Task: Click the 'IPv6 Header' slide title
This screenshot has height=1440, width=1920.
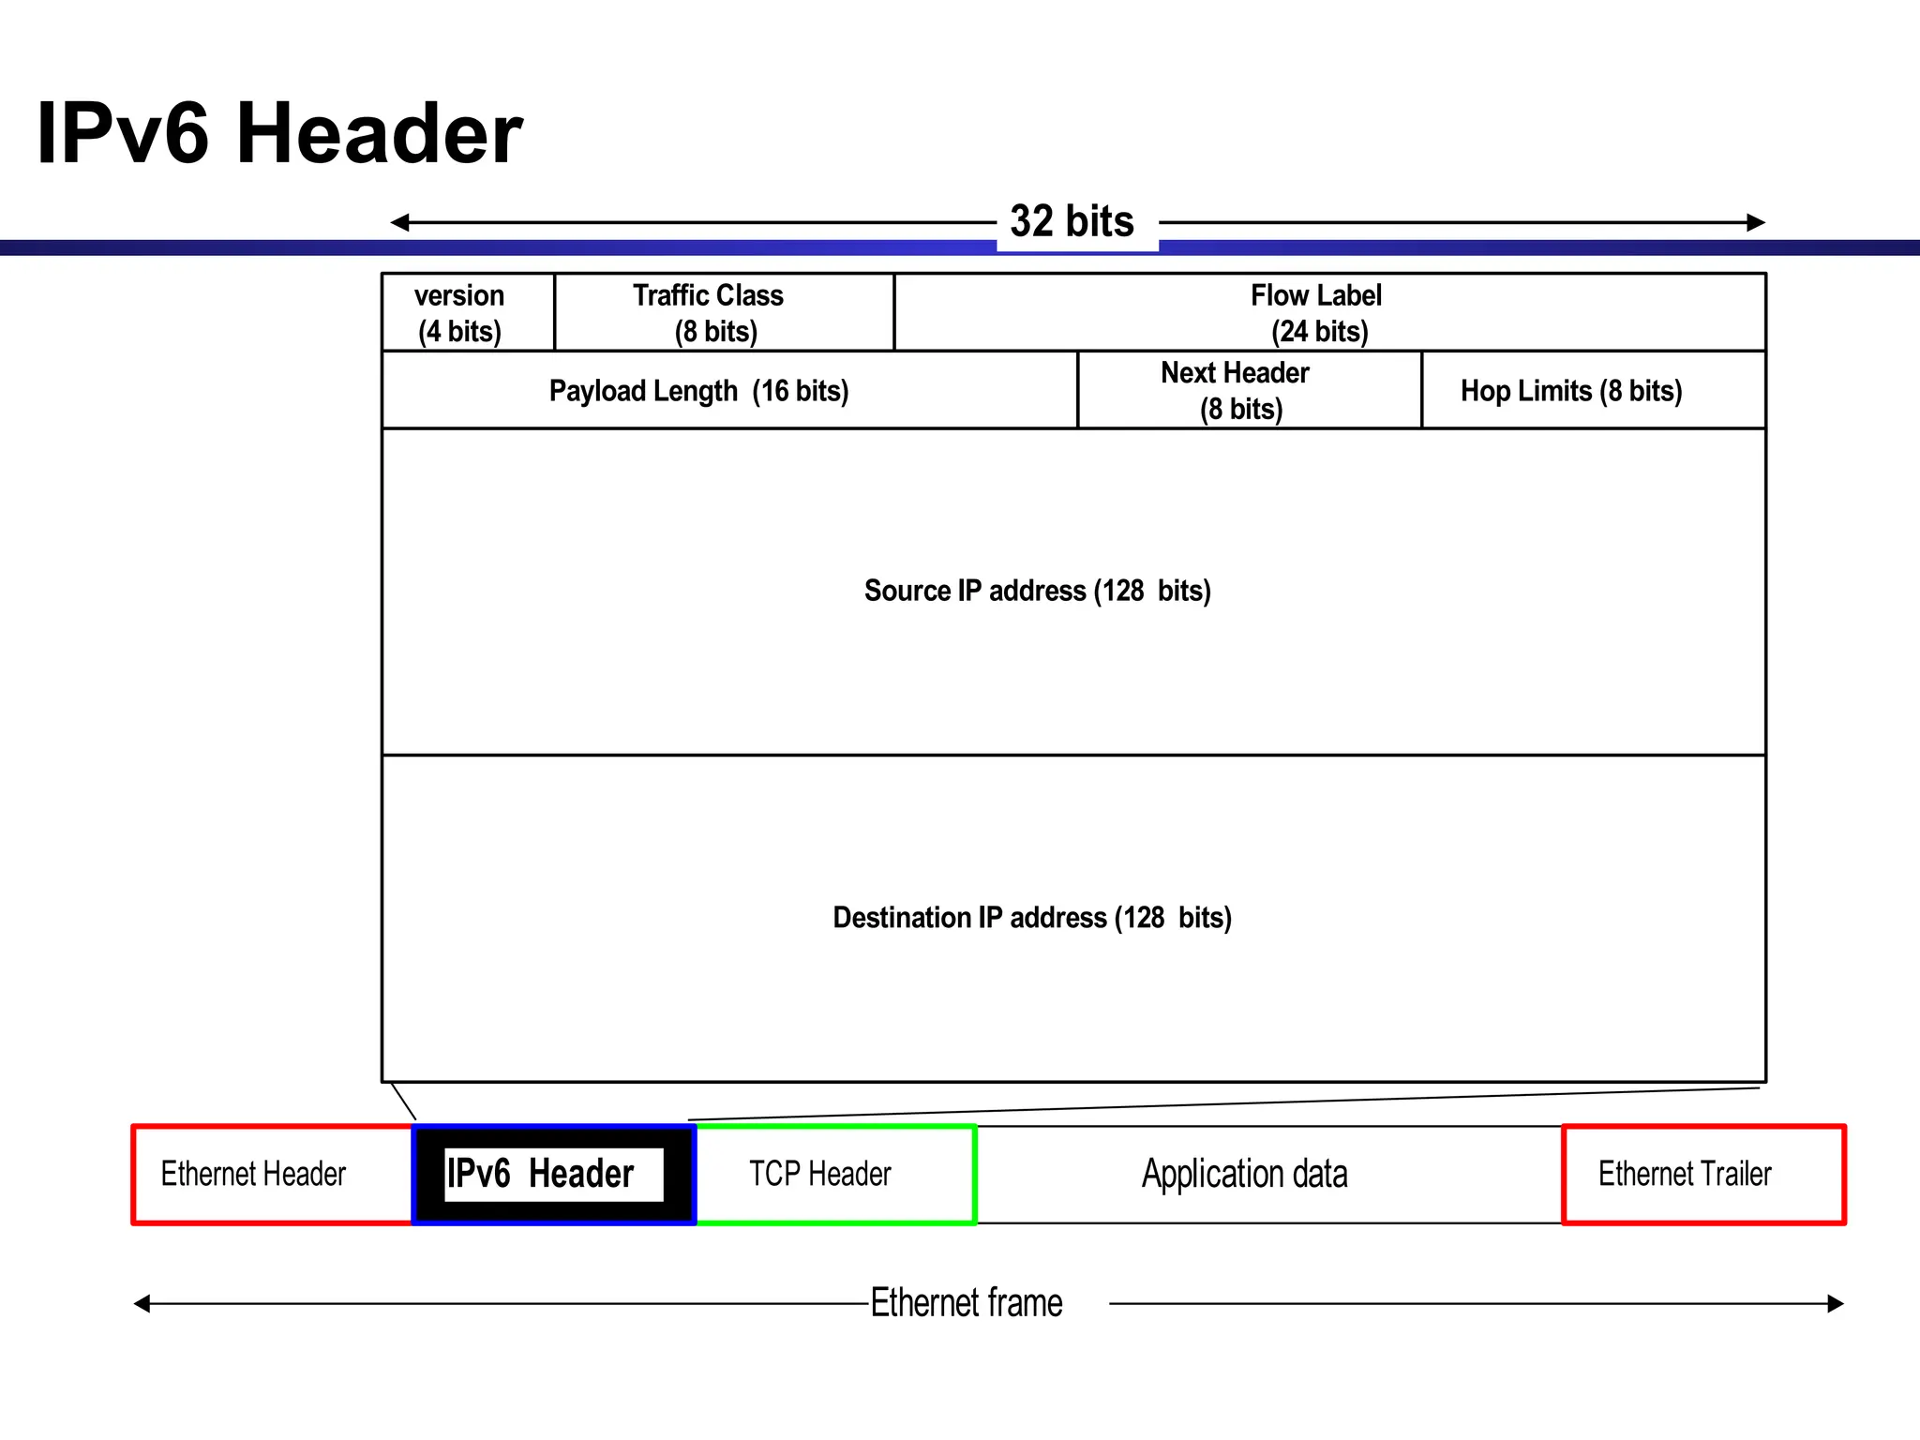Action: coord(278,133)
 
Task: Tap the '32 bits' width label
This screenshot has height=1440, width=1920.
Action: coord(1072,222)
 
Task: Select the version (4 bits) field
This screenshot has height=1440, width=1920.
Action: coord(459,313)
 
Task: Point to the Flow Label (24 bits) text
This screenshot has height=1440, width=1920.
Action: coord(1317,313)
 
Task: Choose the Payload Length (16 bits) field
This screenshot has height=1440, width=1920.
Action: coord(698,391)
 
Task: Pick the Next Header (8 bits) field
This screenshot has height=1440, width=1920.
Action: coord(1237,391)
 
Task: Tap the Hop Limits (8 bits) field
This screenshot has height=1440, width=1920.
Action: coord(1571,391)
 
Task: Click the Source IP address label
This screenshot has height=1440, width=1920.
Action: coord(1037,591)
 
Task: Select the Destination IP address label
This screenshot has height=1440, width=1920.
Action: coord(1032,917)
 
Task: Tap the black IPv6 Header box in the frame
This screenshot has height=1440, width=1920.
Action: coord(553,1175)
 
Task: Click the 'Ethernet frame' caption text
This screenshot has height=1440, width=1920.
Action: coord(967,1303)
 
